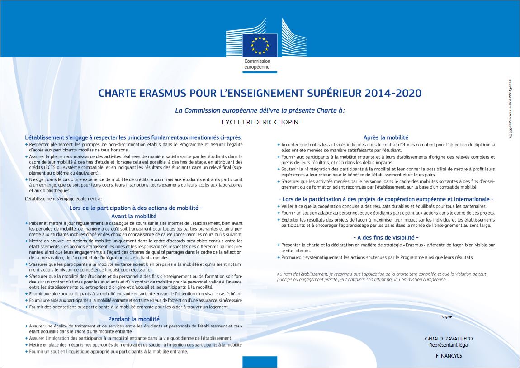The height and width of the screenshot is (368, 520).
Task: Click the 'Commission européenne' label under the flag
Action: pyautogui.click(x=257, y=64)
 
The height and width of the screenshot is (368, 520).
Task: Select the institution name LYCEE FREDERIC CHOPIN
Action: pyautogui.click(x=260, y=122)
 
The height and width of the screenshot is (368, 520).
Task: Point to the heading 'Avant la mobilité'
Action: pyautogui.click(x=133, y=216)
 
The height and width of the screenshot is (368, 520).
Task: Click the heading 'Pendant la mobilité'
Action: pyautogui.click(x=133, y=319)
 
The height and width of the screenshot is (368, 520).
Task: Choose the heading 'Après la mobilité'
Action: pyautogui.click(x=386, y=137)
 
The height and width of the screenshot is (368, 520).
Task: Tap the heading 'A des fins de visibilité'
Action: pyautogui.click(x=386, y=237)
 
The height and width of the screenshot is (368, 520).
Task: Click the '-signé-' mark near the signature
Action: pyautogui.click(x=446, y=316)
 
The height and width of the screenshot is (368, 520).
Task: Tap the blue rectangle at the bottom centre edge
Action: pyautogui.click(x=260, y=362)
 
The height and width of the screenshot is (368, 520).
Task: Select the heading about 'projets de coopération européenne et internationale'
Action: pyautogui.click(x=386, y=199)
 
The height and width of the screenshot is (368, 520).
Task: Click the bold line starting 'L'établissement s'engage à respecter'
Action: pyautogui.click(x=133, y=137)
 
